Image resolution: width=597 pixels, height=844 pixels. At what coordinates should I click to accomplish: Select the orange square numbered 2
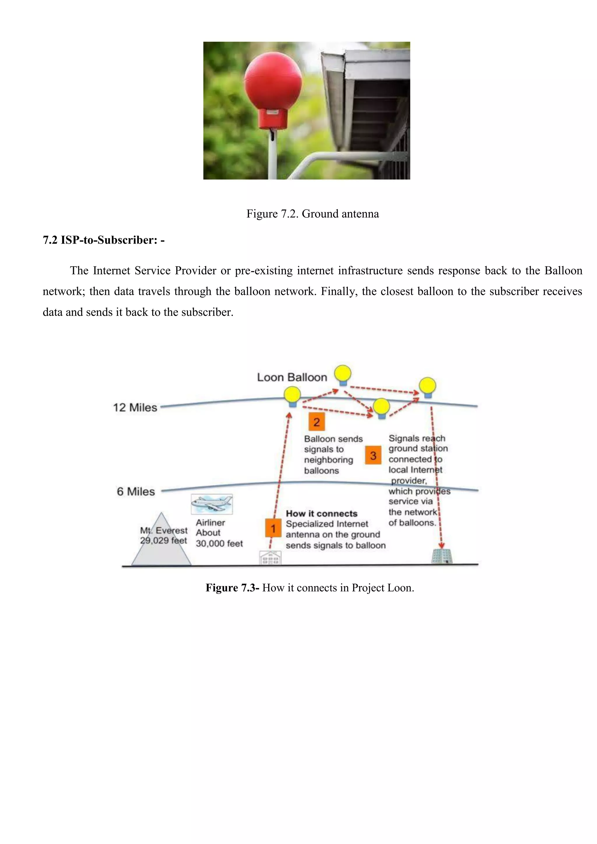coord(317,422)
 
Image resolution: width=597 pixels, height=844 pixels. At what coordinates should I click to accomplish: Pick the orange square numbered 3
coord(373,456)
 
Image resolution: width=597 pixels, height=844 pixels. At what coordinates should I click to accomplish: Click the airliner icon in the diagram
coord(212,504)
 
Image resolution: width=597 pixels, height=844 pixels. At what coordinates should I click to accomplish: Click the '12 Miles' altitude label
coord(135,408)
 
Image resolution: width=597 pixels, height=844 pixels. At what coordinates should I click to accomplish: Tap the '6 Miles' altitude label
coord(136,491)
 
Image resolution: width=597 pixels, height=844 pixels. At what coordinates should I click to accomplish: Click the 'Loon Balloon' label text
coord(292,377)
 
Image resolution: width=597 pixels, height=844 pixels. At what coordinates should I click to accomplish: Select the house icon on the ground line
coord(271,558)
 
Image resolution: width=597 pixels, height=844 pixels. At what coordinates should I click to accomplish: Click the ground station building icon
coord(442,557)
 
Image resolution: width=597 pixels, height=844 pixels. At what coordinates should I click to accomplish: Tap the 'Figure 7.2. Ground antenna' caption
coord(312,214)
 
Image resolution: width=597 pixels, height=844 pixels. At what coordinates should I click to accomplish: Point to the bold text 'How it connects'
coord(321,514)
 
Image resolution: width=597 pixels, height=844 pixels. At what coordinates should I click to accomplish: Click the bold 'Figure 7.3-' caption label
coord(232,588)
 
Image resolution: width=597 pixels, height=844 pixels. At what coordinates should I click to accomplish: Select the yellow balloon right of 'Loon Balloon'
coord(343,374)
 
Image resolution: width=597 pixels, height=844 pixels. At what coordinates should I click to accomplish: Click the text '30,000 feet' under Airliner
coord(219,543)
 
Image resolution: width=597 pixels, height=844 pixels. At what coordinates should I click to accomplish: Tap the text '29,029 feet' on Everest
coord(163,540)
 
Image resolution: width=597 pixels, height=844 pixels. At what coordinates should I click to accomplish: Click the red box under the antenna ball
coord(272,118)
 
